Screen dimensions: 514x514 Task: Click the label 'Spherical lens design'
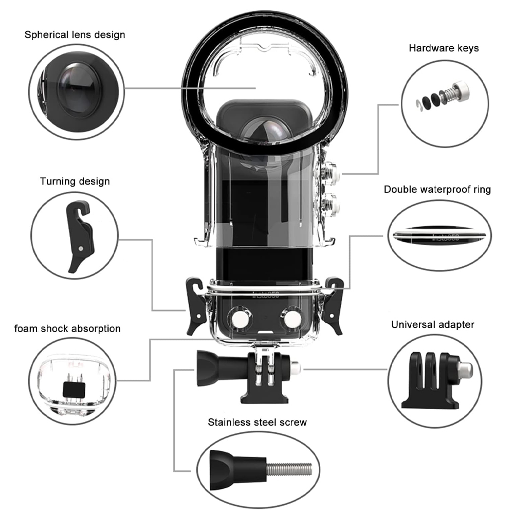[x=75, y=35]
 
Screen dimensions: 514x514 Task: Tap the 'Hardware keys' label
[x=444, y=48]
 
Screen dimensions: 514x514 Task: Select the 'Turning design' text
[x=75, y=181]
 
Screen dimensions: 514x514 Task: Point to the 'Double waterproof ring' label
[x=437, y=189]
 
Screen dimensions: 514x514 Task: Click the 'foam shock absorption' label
[x=67, y=328]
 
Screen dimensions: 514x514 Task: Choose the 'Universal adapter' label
[x=432, y=324]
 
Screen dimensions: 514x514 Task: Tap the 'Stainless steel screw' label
[x=257, y=423]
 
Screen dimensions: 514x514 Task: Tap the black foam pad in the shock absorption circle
[x=73, y=390]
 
